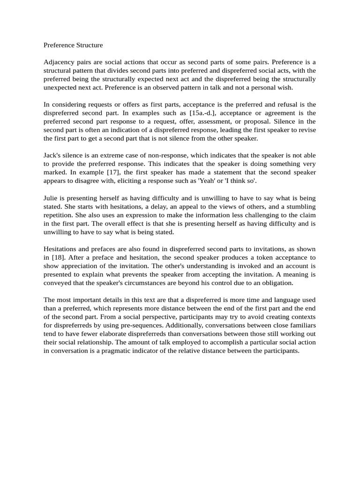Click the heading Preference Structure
73,45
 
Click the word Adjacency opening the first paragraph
58,62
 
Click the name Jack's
53,155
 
